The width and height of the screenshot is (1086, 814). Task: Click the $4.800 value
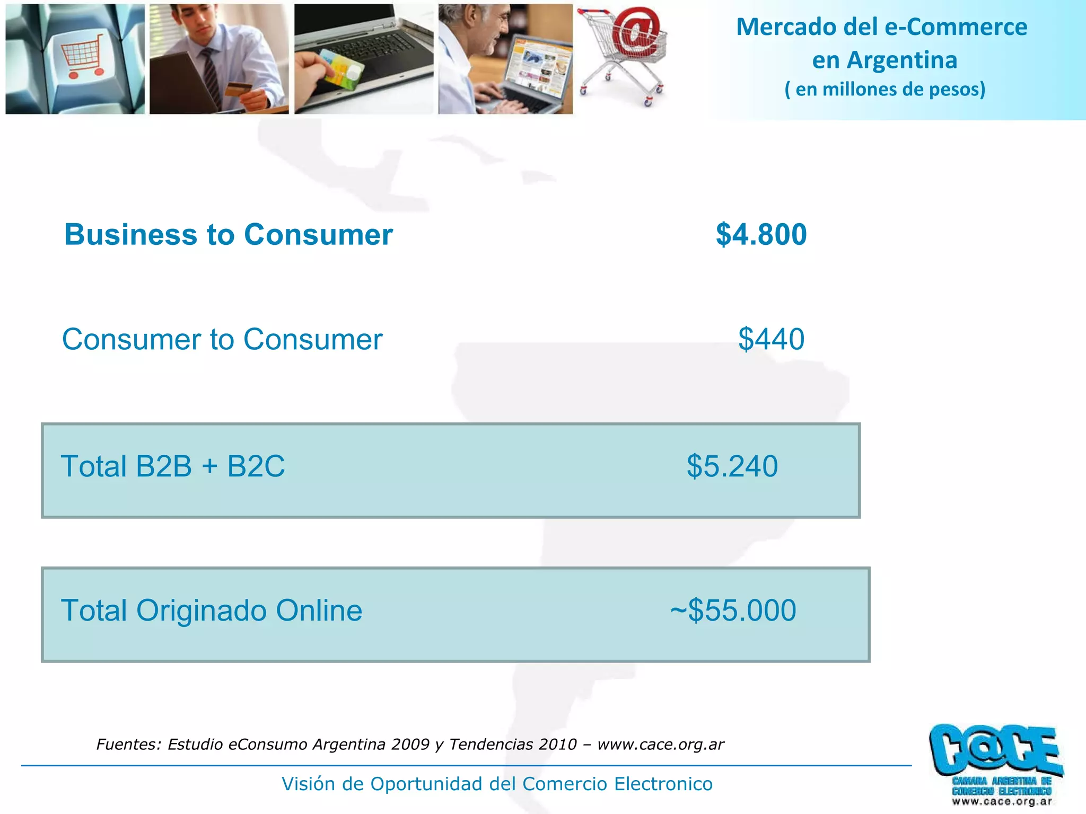tap(761, 234)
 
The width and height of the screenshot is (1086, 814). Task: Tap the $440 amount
tap(771, 339)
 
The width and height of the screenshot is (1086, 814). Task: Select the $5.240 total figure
tap(732, 466)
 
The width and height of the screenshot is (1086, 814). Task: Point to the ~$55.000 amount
tap(733, 610)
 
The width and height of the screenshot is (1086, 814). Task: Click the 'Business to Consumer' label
tap(229, 234)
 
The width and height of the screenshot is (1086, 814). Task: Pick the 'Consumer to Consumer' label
tap(222, 339)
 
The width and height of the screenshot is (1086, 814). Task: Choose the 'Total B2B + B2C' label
tap(173, 466)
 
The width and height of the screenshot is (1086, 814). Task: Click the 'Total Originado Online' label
tap(212, 610)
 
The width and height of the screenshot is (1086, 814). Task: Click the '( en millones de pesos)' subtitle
tap(884, 89)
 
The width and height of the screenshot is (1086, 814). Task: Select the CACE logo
tap(995, 753)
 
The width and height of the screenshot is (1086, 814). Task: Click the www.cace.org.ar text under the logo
tap(1002, 802)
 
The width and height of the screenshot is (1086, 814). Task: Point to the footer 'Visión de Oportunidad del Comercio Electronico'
tap(497, 784)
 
